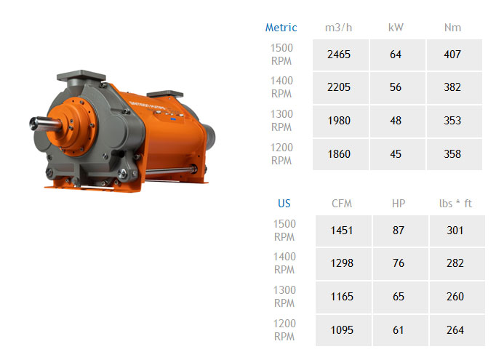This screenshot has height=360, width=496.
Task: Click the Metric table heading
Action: pyautogui.click(x=281, y=28)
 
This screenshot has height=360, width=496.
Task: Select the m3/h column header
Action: pyautogui.click(x=338, y=28)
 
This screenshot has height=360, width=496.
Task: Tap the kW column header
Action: pyautogui.click(x=396, y=28)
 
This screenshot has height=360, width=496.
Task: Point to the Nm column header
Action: pyautogui.click(x=452, y=28)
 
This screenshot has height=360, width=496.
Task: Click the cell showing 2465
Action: pyautogui.click(x=340, y=55)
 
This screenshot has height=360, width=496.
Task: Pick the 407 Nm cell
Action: pyautogui.click(x=455, y=55)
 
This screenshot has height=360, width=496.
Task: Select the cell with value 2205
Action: pyautogui.click(x=340, y=87)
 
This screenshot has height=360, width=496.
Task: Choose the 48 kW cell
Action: pyautogui.click(x=398, y=121)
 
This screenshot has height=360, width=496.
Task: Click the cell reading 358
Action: pyautogui.click(x=455, y=154)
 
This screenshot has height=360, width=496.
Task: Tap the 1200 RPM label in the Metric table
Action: pyautogui.click(x=281, y=154)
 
